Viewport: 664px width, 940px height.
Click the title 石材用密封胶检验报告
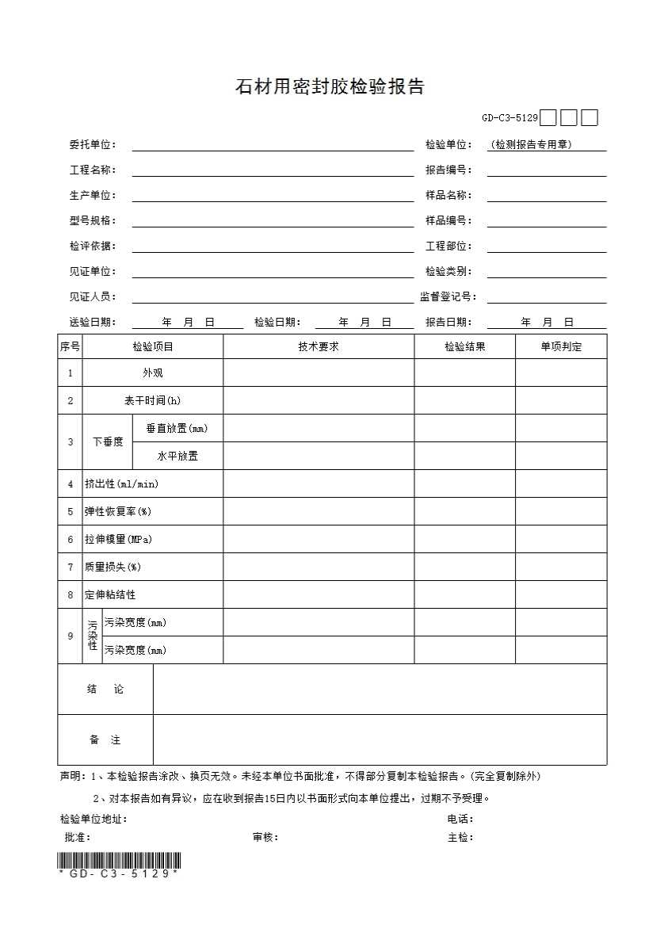(x=330, y=86)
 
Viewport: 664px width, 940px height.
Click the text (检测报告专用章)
(x=531, y=144)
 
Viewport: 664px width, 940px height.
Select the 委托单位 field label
(x=92, y=144)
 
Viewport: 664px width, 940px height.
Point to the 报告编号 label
(x=448, y=170)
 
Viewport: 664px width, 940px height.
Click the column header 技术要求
(x=319, y=346)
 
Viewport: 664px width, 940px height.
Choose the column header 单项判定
(x=561, y=346)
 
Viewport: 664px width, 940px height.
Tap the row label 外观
(x=153, y=373)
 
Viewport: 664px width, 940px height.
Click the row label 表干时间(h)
(x=153, y=400)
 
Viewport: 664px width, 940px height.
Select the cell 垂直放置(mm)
(x=177, y=428)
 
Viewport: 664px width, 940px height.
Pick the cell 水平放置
(x=177, y=456)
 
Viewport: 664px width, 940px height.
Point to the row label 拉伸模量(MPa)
(x=118, y=539)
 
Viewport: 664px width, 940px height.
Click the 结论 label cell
(x=105, y=690)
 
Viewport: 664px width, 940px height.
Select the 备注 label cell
(x=105, y=740)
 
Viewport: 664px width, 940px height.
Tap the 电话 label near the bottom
(x=460, y=819)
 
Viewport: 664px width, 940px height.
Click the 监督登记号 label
(x=448, y=296)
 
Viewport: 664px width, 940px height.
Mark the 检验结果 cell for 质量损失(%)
(x=464, y=567)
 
